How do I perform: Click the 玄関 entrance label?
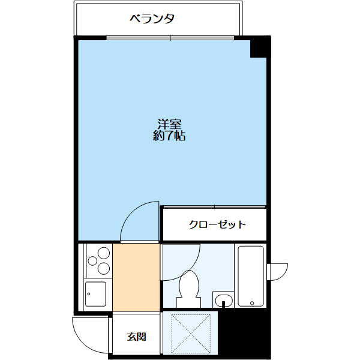136,337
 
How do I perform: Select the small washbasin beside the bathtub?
223,299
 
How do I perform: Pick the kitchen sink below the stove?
96,294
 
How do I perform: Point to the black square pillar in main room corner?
260,48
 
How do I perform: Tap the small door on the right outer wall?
277,271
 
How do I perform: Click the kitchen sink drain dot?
88,294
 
